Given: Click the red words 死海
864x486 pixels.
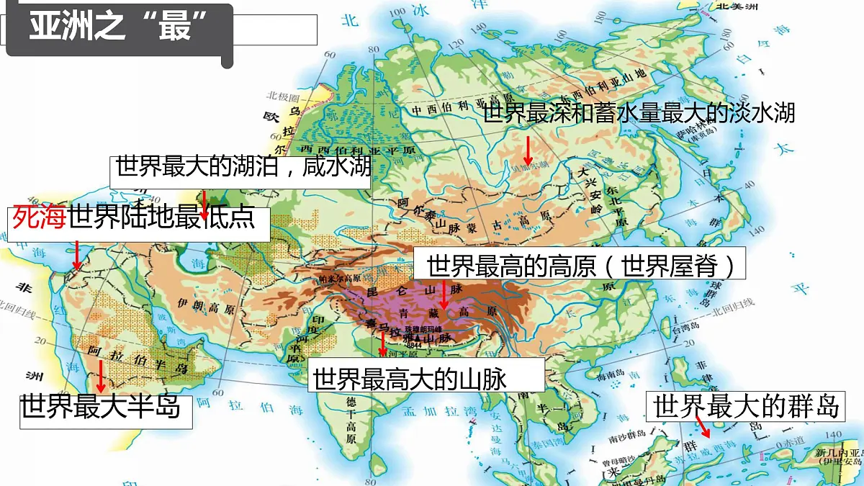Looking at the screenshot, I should tap(37, 217).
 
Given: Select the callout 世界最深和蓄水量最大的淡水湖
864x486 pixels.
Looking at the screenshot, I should tap(639, 112).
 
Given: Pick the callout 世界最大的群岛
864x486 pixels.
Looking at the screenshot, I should tap(746, 407).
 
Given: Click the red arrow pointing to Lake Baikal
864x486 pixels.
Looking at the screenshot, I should tap(528, 150).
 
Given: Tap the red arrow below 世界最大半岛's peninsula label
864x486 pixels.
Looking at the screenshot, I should tap(101, 377).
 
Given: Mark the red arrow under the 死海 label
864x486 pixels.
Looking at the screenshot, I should tap(77, 256).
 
